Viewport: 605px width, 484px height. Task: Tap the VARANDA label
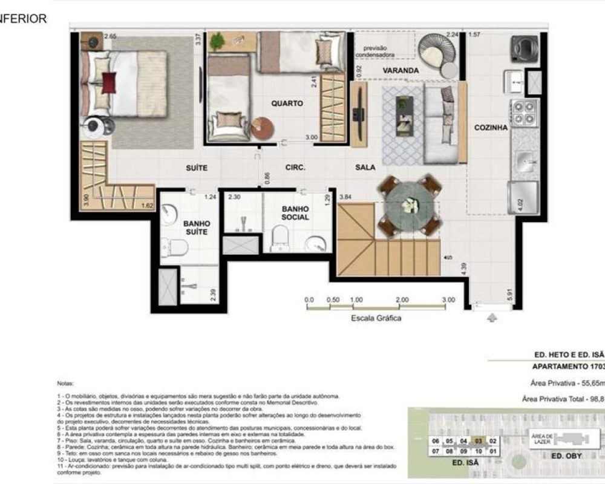coord(401,71)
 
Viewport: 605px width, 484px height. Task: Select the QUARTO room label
coord(287,103)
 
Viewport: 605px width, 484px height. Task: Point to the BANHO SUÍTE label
coord(196,227)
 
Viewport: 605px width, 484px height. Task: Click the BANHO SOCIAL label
coord(295,212)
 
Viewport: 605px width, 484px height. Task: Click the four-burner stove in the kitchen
coord(524,112)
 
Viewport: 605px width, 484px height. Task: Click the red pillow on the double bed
coord(109,82)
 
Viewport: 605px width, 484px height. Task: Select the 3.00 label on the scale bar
coord(448,300)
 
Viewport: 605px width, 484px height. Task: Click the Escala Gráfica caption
coord(376,318)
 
